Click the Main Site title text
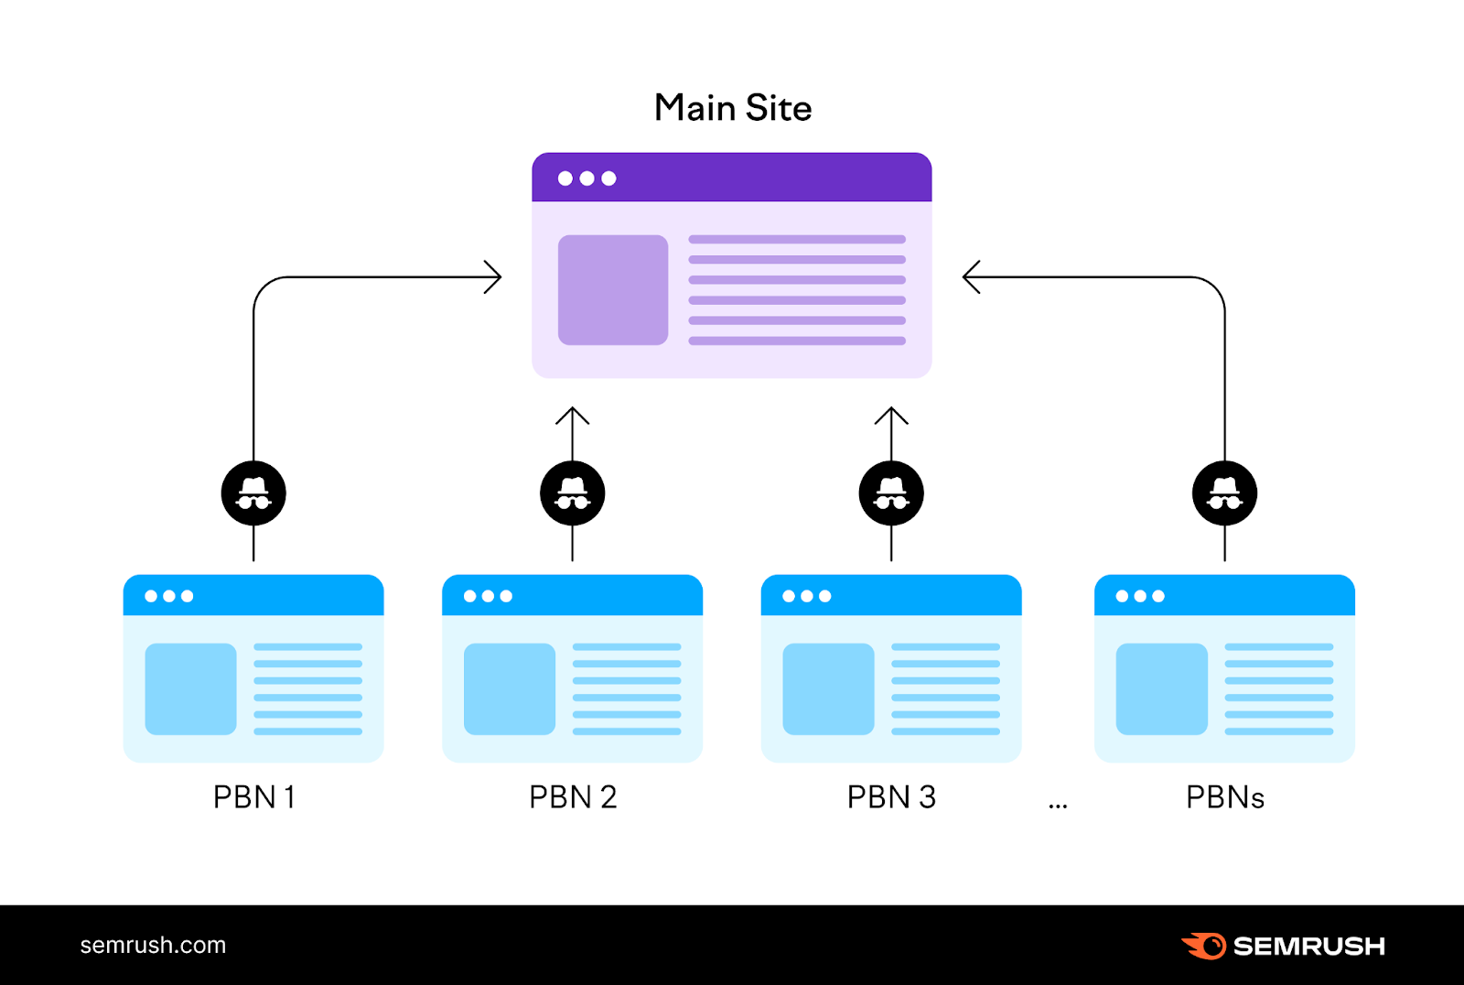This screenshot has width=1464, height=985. (x=733, y=108)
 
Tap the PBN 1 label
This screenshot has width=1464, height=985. (x=253, y=797)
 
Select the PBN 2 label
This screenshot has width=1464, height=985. (x=573, y=797)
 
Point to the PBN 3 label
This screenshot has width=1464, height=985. (x=891, y=797)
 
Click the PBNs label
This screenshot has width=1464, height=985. (x=1224, y=797)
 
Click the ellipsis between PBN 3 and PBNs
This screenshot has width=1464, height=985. (x=1058, y=806)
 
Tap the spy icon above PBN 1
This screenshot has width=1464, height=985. (x=253, y=493)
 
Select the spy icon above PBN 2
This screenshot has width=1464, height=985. (x=573, y=493)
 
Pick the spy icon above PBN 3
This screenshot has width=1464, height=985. (x=891, y=493)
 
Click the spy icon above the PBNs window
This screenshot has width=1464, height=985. (x=1224, y=493)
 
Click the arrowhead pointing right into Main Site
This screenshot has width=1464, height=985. (x=495, y=276)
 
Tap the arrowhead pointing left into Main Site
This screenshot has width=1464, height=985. (x=970, y=276)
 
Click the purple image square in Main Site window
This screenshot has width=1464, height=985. (x=613, y=290)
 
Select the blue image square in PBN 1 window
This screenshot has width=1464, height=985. (x=190, y=689)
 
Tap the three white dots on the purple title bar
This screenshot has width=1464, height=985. (x=587, y=179)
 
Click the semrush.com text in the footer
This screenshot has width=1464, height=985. (x=153, y=946)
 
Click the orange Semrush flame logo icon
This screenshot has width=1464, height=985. (x=1204, y=946)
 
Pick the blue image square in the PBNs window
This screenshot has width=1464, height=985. (x=1161, y=689)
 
